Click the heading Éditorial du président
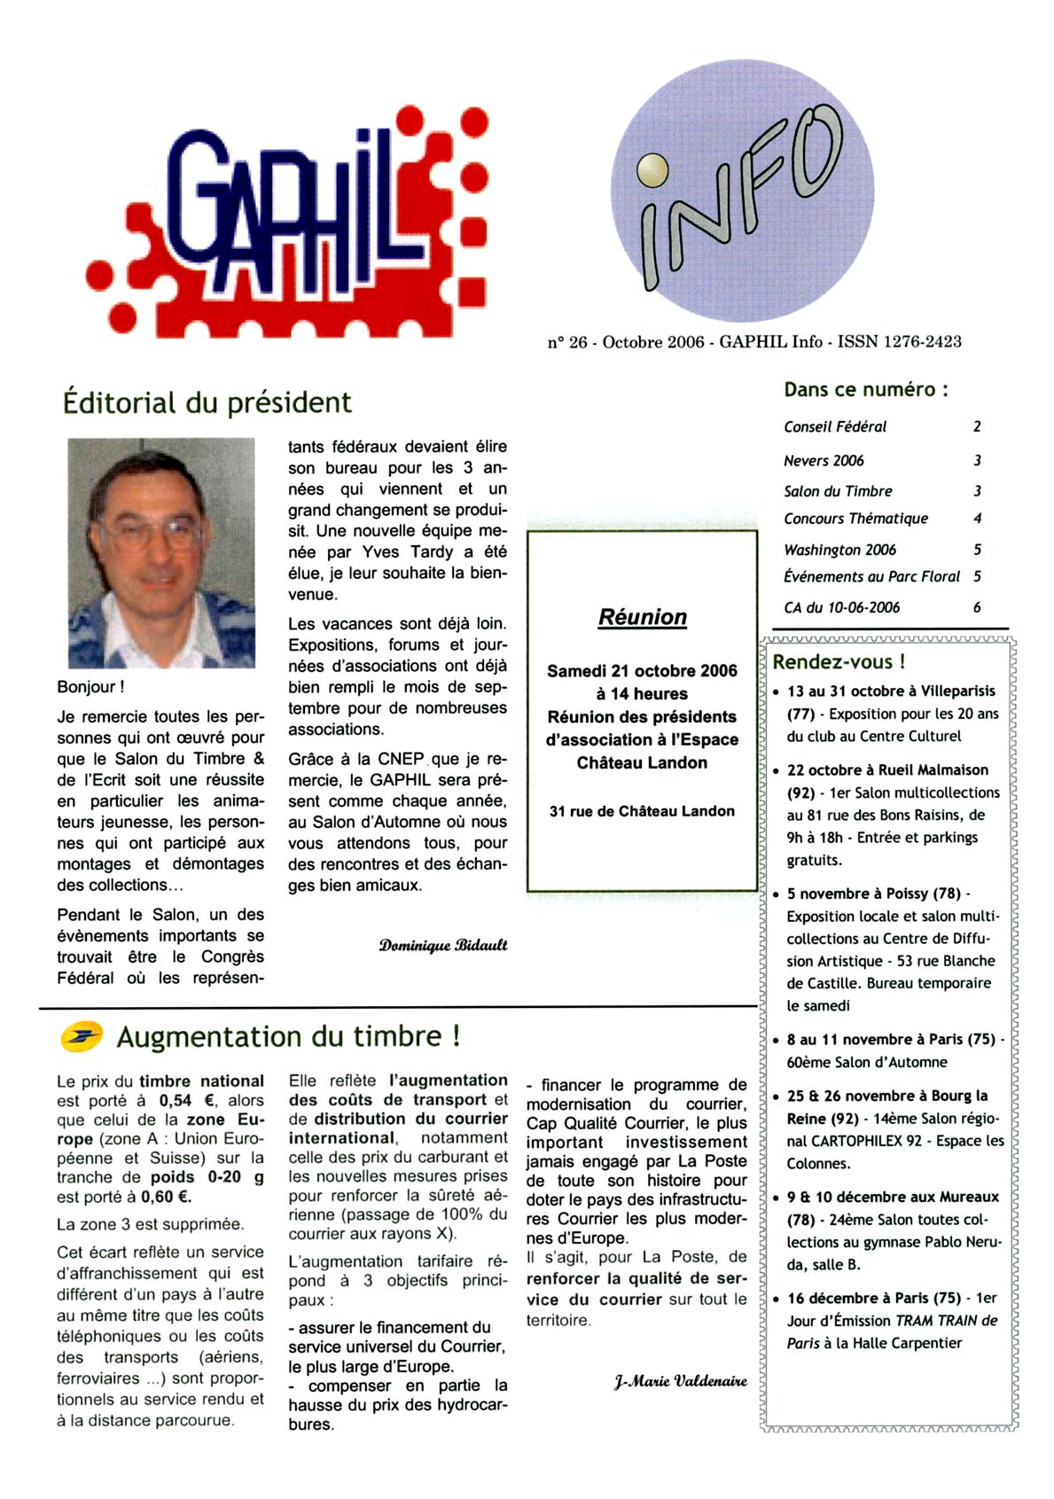pos(207,402)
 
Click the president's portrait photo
pos(161,552)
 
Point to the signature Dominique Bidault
pos(442,945)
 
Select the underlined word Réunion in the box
pos(642,617)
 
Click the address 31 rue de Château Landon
pos(642,811)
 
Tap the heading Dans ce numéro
pos(865,389)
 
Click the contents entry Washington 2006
pos(839,550)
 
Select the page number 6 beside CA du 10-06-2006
pos(977,607)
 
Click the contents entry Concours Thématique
pos(855,519)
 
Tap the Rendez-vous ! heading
pos(839,661)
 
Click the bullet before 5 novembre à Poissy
pos(777,894)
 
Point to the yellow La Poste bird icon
pos(81,1035)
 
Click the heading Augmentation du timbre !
pos(288,1036)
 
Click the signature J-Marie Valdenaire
pos(680,1381)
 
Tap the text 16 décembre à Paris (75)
pos(873,1298)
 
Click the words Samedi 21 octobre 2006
pos(642,671)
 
